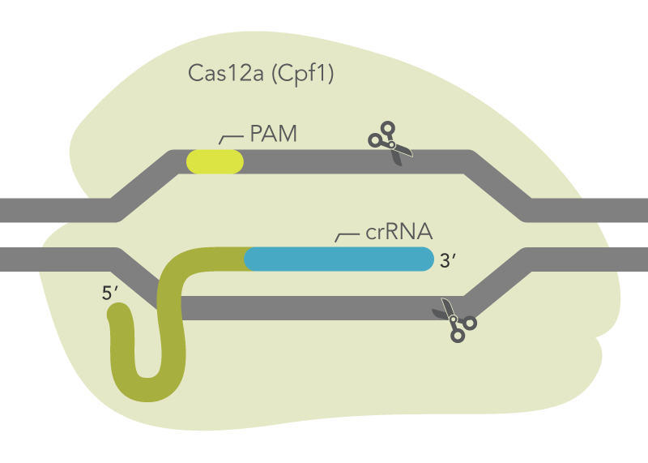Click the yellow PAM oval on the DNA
(x=215, y=161)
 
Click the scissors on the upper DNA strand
(x=390, y=144)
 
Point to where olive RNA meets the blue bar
(x=245, y=259)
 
